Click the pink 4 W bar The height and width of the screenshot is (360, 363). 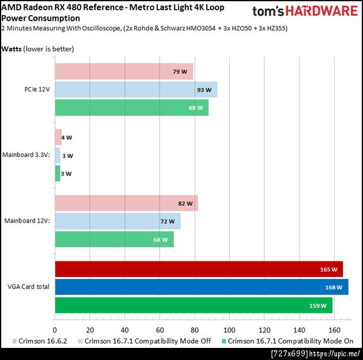[x=58, y=137]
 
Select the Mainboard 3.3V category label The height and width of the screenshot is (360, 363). [x=26, y=155]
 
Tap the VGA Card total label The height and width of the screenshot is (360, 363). [x=29, y=287]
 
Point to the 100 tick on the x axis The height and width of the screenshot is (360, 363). [x=229, y=330]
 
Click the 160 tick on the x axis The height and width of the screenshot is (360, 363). [x=334, y=330]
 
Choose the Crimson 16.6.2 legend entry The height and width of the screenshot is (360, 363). [x=41, y=342]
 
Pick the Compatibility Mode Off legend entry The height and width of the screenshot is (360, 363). [x=147, y=342]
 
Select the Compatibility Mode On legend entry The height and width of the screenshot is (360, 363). [x=290, y=342]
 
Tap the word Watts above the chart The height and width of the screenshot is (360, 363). [x=11, y=48]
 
